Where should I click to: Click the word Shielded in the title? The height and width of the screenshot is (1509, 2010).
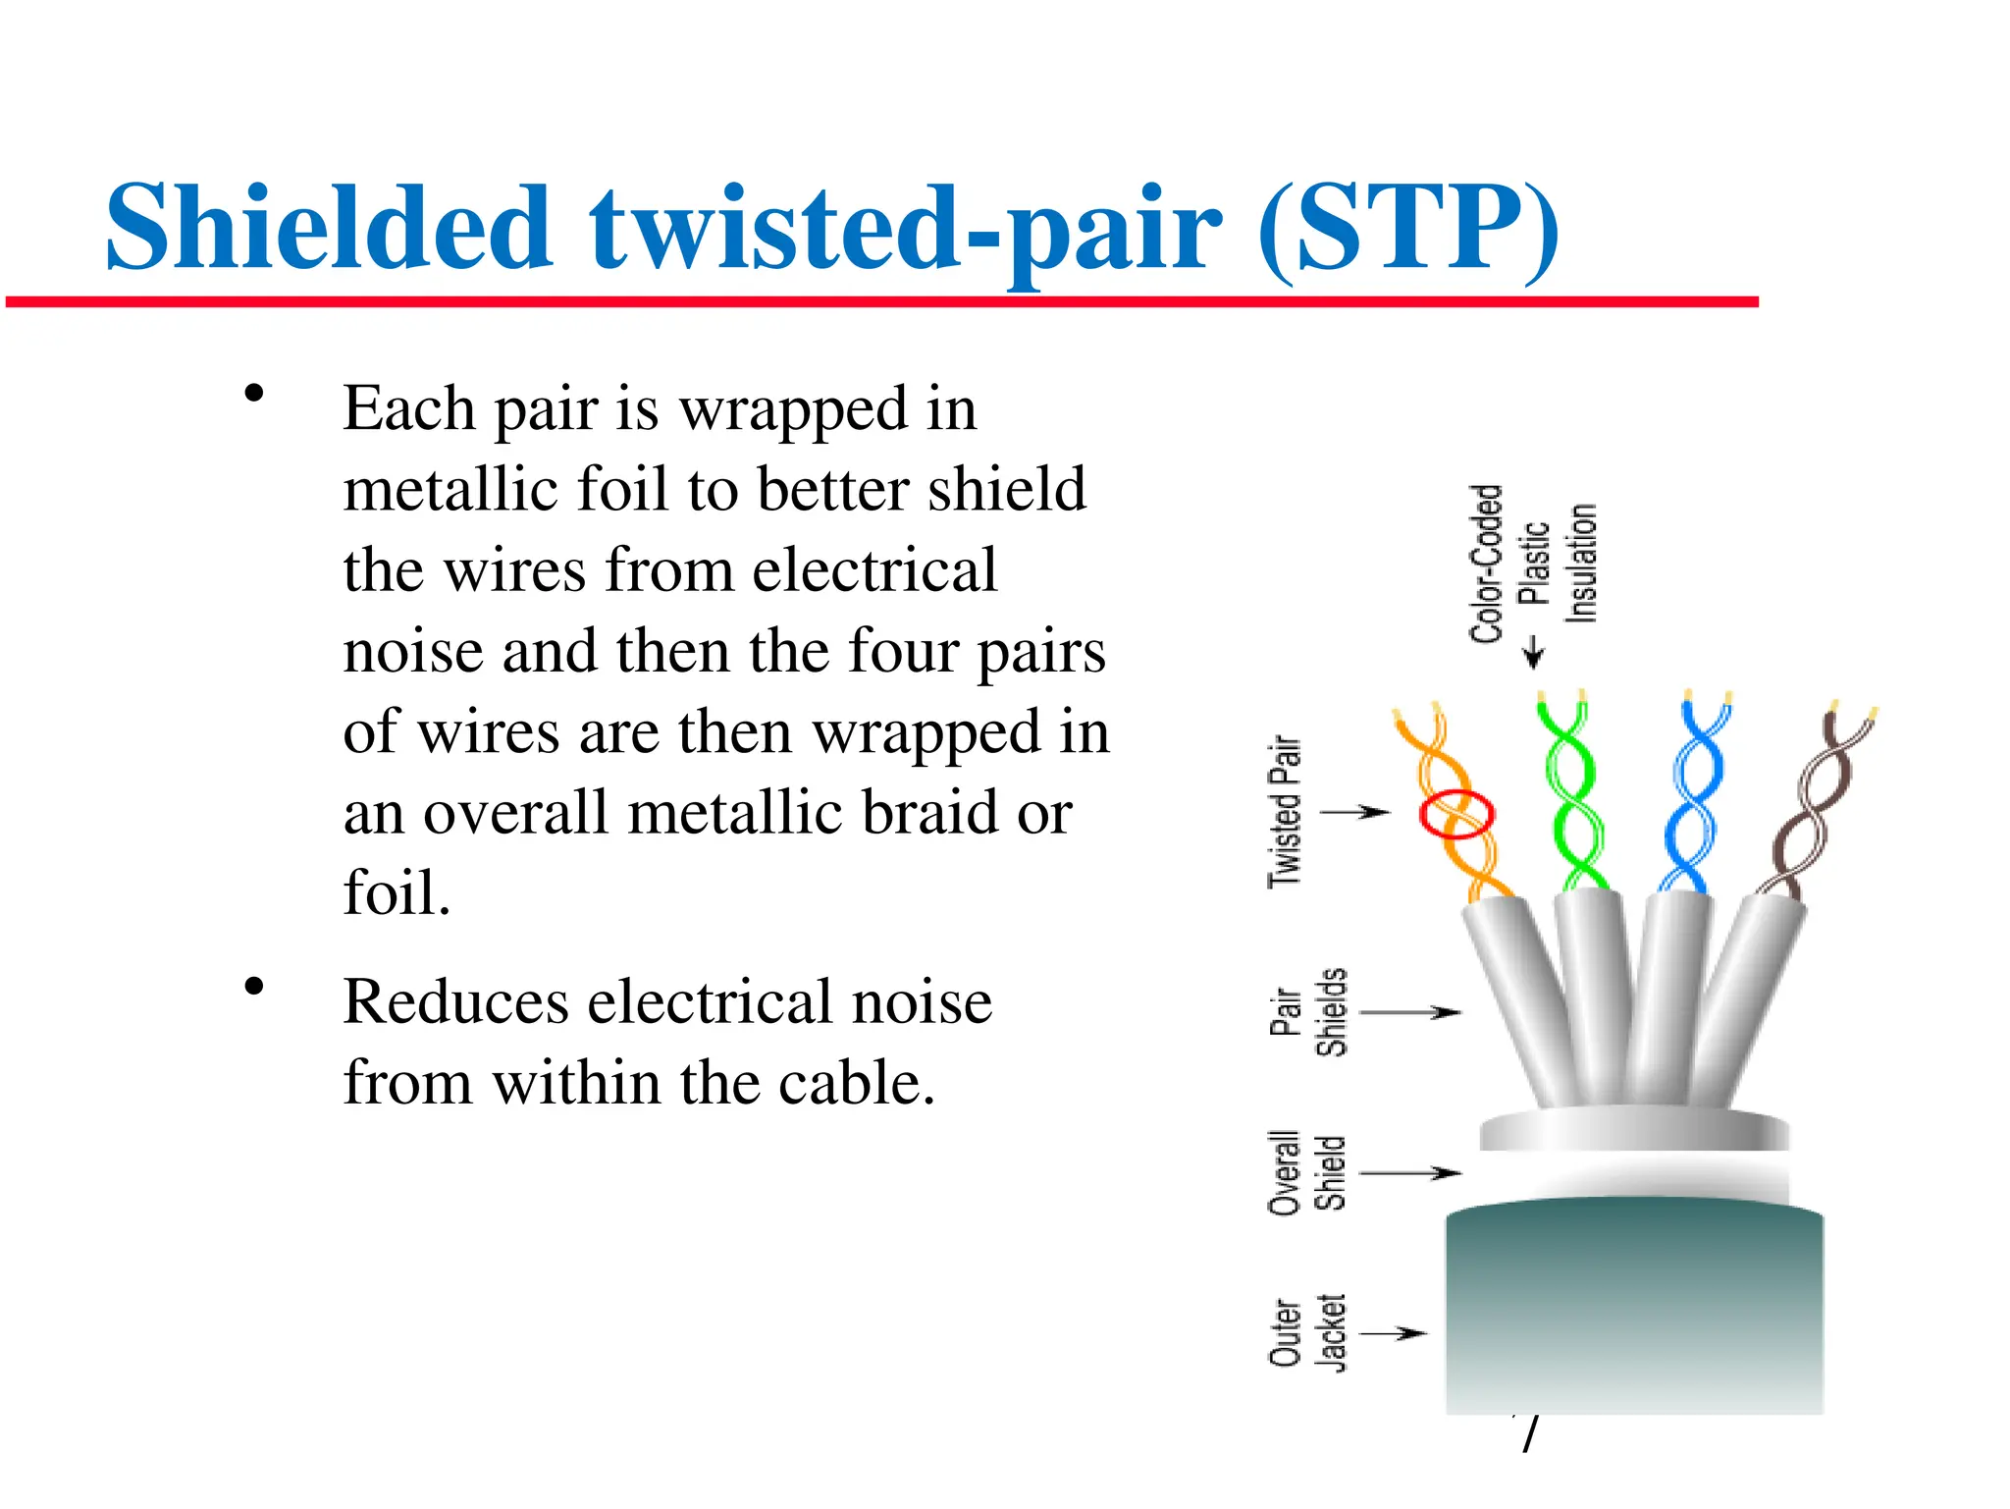point(328,228)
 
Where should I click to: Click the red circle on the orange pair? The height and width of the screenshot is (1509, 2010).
point(1456,814)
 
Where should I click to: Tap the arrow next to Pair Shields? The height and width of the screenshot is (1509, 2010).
point(1410,1011)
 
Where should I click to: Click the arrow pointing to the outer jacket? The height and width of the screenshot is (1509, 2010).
point(1393,1332)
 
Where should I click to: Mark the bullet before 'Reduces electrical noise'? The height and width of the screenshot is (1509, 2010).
point(254,987)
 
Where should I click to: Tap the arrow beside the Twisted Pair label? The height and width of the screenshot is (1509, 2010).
point(1354,812)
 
